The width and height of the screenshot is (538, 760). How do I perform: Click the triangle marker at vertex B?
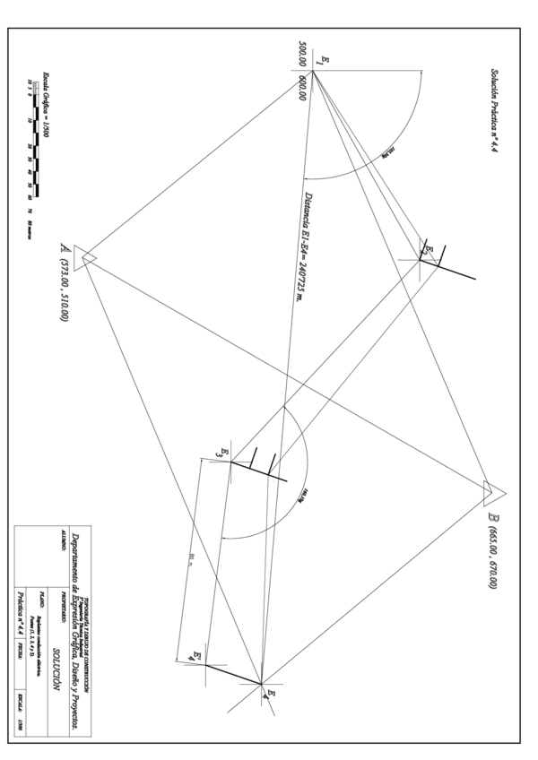[494, 492]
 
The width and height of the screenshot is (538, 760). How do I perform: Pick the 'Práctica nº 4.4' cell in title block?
[22, 618]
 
